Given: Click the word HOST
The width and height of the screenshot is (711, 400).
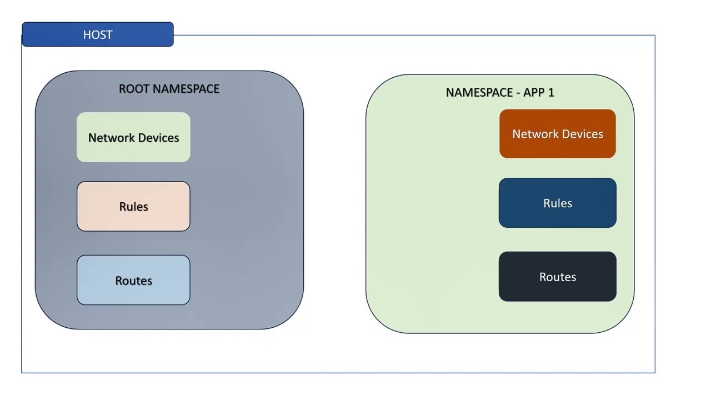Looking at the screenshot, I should tap(98, 34).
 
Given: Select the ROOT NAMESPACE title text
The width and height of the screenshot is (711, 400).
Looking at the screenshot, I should tap(169, 89).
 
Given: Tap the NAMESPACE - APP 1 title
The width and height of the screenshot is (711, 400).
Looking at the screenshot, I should tap(500, 92).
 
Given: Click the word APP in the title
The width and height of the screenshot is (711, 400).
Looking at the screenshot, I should tap(534, 92).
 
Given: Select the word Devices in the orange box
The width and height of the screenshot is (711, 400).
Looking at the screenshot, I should tap(583, 134).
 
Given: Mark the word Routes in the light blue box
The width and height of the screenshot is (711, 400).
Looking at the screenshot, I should tap(133, 281).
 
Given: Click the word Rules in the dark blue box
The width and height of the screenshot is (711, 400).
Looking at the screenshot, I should tap(558, 203).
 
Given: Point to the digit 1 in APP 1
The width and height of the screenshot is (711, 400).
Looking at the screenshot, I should tap(551, 92).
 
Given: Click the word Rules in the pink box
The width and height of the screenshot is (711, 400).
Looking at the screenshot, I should tap(133, 207).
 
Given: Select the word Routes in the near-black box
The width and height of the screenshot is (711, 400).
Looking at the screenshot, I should tap(558, 277).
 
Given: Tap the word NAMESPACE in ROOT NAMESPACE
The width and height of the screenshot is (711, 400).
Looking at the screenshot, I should tap(186, 89).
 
